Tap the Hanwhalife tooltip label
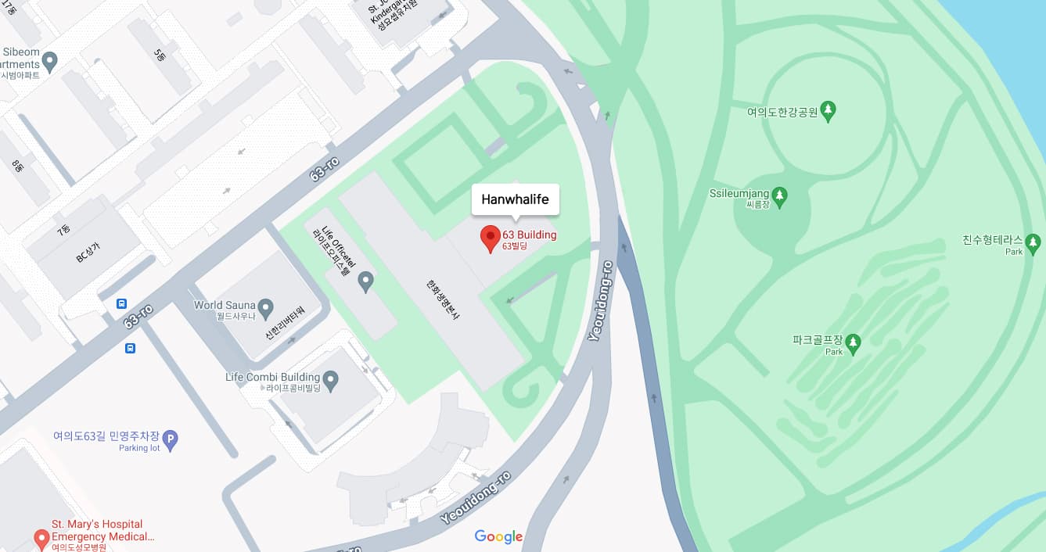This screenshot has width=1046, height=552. (x=515, y=199)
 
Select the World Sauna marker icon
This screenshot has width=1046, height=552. (x=265, y=307)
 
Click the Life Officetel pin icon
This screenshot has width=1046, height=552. (x=365, y=281)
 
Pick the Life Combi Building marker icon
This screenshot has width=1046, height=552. (x=331, y=381)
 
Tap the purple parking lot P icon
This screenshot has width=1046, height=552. (x=170, y=440)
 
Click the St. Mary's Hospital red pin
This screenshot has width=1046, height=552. (x=41, y=538)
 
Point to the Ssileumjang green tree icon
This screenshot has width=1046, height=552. (x=779, y=194)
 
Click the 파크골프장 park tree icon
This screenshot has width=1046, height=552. (x=853, y=342)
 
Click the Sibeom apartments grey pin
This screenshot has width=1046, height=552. (x=50, y=61)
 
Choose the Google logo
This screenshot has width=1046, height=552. (x=498, y=536)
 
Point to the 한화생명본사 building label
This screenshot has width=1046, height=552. (x=441, y=299)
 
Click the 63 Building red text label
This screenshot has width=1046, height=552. (x=529, y=235)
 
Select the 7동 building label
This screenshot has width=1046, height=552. (x=63, y=231)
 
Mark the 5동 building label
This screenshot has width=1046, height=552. (x=160, y=56)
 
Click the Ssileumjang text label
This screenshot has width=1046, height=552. (x=739, y=193)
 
